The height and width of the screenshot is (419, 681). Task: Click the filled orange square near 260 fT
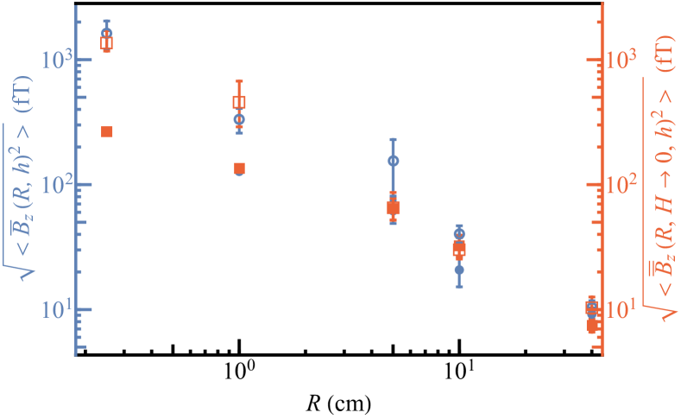pyautogui.click(x=107, y=131)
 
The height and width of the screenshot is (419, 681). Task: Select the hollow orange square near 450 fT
pyautogui.click(x=239, y=103)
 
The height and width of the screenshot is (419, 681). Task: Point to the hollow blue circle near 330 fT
pyautogui.click(x=239, y=119)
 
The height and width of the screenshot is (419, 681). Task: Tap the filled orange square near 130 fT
pyautogui.click(x=239, y=168)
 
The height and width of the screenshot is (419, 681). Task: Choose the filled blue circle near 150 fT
pyautogui.click(x=394, y=161)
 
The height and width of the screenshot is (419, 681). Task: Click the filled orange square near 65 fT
pyautogui.click(x=394, y=207)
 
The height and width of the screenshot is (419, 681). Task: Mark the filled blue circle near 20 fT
pyautogui.click(x=459, y=270)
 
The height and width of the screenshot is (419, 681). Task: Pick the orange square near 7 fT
pyautogui.click(x=592, y=326)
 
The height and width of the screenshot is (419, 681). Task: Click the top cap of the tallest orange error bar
pyautogui.click(x=239, y=81)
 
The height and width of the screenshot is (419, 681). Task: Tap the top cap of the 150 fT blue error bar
pyautogui.click(x=394, y=138)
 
